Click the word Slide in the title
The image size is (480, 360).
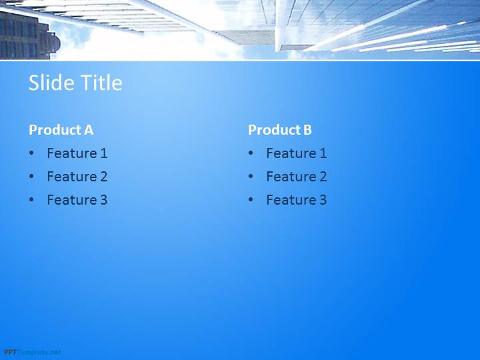(51, 83)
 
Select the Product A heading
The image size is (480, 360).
(61, 130)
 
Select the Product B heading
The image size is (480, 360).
(280, 130)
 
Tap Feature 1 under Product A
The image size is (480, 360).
(77, 153)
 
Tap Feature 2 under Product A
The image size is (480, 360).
(77, 176)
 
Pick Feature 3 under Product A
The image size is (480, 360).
(77, 200)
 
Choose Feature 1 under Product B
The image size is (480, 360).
(296, 153)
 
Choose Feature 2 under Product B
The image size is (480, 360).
(296, 176)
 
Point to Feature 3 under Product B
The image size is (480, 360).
(296, 200)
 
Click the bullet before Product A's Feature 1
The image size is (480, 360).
(31, 153)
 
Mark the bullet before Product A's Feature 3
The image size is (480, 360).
(31, 199)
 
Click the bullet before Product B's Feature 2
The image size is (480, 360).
(251, 176)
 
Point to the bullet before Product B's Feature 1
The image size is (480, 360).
(251, 153)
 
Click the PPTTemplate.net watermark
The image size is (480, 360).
(33, 353)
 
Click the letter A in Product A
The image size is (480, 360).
(89, 130)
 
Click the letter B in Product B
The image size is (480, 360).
(307, 130)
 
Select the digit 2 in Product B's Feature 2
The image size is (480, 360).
(323, 176)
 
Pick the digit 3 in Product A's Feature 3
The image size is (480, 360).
(103, 200)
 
